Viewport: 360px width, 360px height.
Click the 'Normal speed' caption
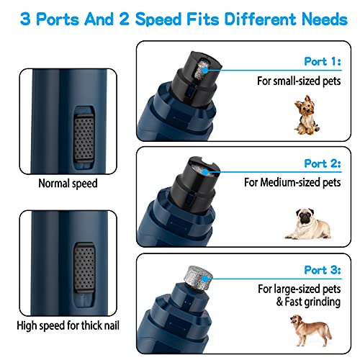[68, 184]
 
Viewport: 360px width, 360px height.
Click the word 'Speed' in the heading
[166, 19]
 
